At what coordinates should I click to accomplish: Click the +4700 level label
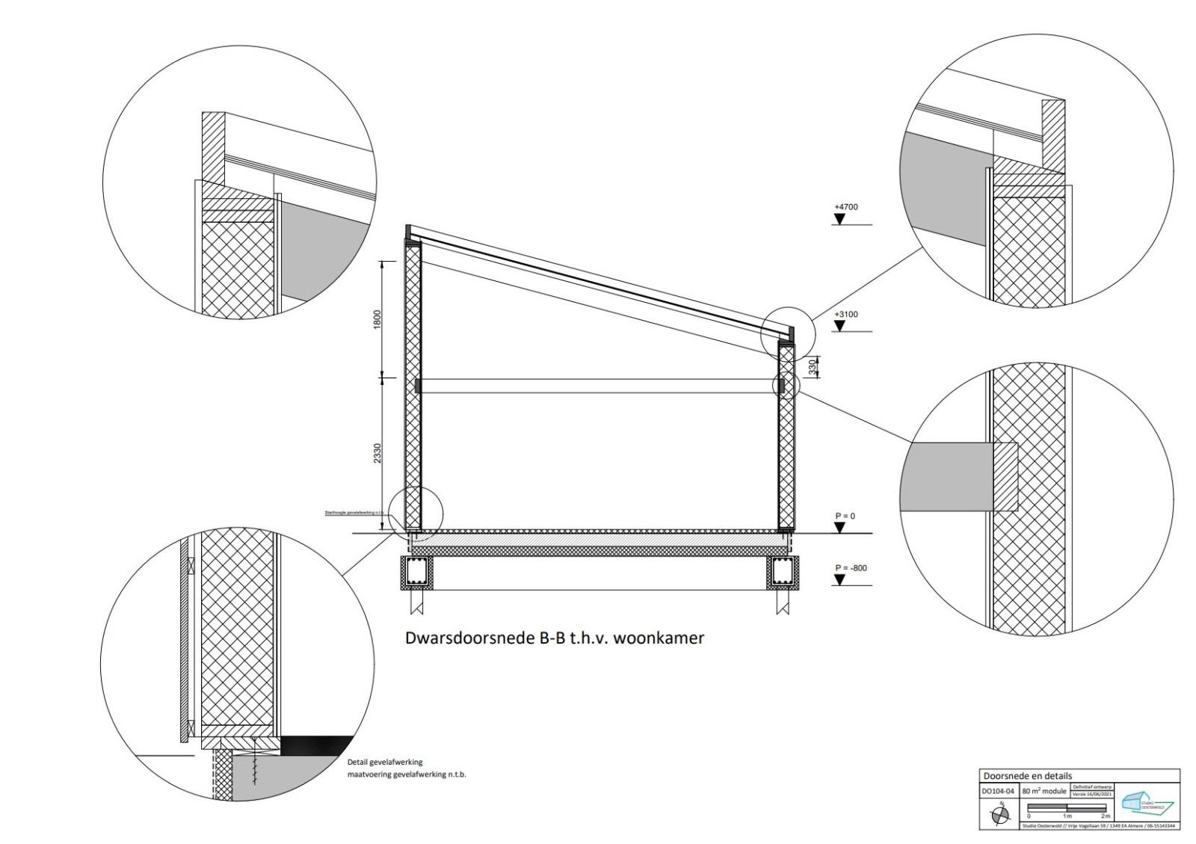coord(845,206)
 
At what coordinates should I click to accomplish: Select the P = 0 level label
coord(845,516)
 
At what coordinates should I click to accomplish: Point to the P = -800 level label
coord(851,568)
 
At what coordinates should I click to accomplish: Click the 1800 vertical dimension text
coord(377,319)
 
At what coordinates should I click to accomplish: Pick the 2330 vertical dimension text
coord(377,453)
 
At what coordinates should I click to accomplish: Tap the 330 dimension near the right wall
coord(813,366)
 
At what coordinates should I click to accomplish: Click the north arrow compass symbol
coord(999,815)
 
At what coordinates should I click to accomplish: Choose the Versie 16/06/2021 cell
coord(1092,795)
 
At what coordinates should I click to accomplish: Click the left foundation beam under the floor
coord(416,572)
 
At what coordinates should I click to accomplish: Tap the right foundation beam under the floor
coord(783,572)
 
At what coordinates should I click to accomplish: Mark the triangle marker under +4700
coord(839,219)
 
